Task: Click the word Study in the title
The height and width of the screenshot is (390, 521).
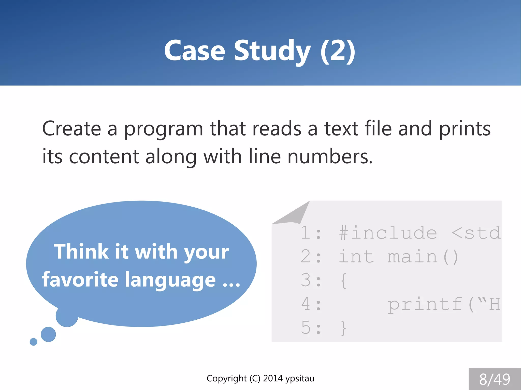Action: point(272,51)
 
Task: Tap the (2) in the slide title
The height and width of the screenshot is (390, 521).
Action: point(338,51)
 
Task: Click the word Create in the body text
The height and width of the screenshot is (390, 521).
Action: point(71,129)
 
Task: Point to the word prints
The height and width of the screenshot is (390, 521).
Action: point(465,129)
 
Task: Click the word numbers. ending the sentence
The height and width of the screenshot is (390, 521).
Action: point(330,157)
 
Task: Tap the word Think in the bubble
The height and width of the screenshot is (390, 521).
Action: point(81,252)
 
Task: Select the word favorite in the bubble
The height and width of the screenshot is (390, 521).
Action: point(80,279)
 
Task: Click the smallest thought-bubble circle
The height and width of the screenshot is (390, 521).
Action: point(33,342)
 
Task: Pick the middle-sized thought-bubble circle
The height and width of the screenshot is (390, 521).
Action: point(48,334)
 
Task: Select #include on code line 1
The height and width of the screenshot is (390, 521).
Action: point(388,233)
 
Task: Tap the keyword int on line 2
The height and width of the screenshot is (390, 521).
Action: point(356,257)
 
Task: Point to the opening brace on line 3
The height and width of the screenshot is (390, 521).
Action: point(343,280)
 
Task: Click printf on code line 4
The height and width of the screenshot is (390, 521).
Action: point(424,304)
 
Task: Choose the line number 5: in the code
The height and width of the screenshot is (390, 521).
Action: point(311,327)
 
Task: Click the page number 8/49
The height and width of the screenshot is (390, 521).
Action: point(495,379)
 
